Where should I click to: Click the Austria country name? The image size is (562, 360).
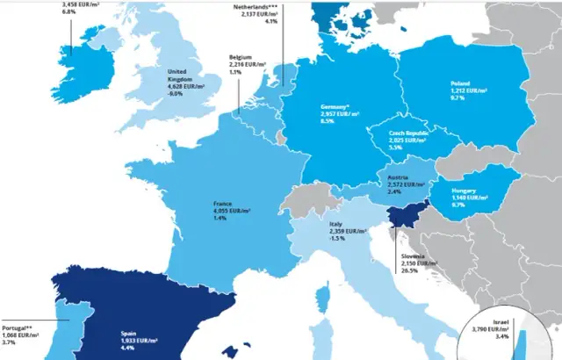[x=397, y=177]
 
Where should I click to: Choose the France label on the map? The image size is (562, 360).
[x=222, y=204]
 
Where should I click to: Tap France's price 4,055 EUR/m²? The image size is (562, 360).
[x=232, y=211]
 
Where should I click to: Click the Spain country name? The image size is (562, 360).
[x=129, y=333]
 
